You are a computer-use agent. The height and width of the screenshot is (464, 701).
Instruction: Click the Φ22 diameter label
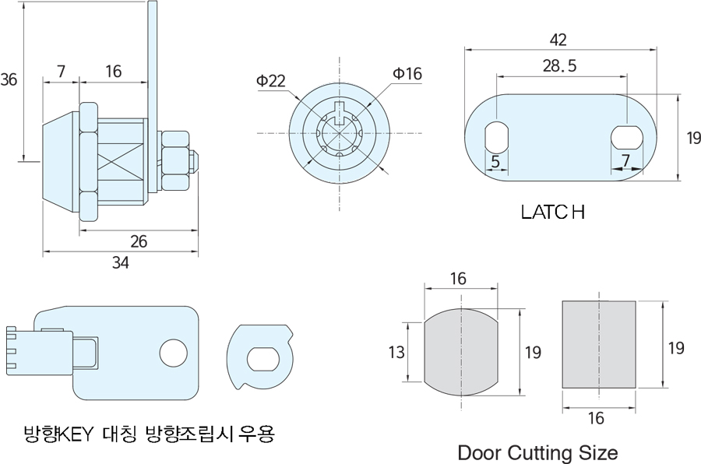point(270,81)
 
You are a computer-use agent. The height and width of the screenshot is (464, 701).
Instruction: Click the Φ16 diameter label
point(407,74)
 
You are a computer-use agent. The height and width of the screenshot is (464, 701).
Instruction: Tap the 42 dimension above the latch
point(558,40)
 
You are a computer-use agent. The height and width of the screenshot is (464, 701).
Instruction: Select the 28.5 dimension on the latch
point(560,66)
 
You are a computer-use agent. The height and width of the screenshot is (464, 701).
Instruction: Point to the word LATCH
point(553,212)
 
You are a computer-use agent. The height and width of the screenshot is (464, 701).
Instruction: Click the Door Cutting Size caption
point(537,453)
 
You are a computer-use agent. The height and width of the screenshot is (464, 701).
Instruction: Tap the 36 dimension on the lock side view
point(9,79)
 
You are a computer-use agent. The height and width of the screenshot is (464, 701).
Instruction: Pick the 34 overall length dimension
point(120,263)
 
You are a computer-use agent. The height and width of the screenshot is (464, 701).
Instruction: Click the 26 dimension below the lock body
point(139,241)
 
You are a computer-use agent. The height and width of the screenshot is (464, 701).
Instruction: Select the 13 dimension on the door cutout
point(396,352)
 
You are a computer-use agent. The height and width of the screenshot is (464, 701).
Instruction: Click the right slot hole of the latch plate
point(627,138)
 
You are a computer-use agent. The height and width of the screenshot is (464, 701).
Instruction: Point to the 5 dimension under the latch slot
point(495,161)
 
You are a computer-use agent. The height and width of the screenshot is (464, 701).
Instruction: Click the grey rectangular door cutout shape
point(599,344)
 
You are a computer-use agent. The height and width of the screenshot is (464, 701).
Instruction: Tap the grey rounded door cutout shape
point(461,352)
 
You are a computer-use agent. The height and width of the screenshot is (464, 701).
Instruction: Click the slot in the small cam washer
point(263,358)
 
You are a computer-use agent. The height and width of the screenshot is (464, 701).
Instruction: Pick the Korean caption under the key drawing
point(149,434)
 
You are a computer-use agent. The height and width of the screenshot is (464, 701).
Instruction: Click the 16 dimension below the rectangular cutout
point(596,418)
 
